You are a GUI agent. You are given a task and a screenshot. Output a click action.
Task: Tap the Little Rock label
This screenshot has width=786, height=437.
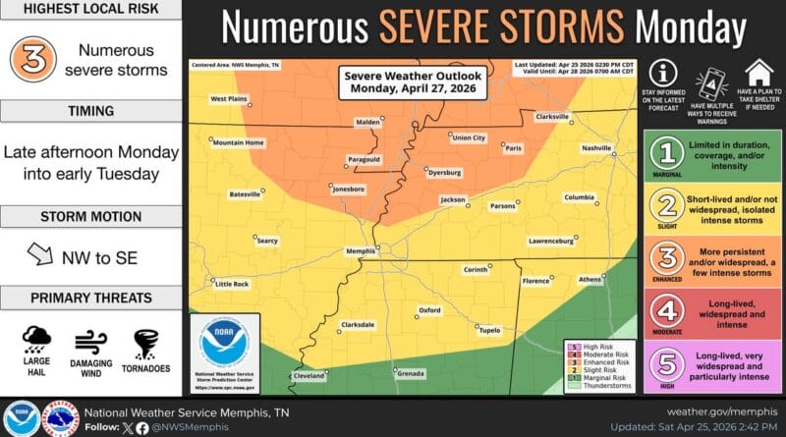(x=232, y=284)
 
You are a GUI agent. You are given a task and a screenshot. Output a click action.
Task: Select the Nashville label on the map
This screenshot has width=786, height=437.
(x=595, y=147)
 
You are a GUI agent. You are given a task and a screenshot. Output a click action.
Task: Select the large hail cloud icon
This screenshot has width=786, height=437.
(x=36, y=342)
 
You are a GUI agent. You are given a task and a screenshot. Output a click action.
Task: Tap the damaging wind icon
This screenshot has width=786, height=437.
(x=90, y=342)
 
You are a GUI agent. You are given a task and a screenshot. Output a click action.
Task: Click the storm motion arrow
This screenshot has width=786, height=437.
(x=40, y=255)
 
